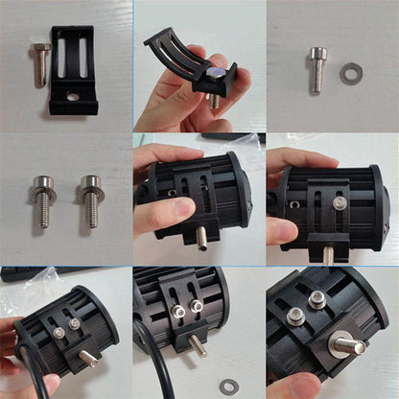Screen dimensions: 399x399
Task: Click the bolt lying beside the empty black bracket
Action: click(41, 63)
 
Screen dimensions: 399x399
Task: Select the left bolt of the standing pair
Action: click(42, 199)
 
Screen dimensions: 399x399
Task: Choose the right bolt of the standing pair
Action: click(91, 199)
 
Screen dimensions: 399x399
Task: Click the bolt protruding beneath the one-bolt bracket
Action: click(328, 255)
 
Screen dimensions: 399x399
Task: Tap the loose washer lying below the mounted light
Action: click(228, 386)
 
